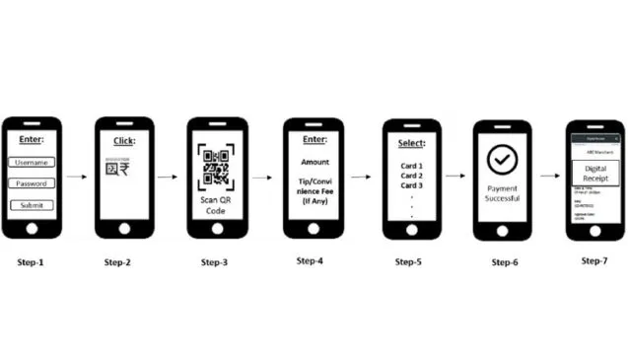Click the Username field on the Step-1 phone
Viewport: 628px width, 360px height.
click(x=32, y=162)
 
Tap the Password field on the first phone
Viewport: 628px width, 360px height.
click(x=32, y=182)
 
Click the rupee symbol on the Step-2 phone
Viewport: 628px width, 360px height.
click(x=127, y=169)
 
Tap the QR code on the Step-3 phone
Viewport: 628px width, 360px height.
click(x=217, y=168)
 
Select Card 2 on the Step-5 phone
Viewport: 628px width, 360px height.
click(x=410, y=176)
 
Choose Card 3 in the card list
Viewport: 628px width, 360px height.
click(x=410, y=185)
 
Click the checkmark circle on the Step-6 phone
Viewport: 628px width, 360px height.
click(x=502, y=160)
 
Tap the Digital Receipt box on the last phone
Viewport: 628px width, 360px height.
click(x=594, y=172)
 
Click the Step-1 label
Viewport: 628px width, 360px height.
click(x=31, y=262)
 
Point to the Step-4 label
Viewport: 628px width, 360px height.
click(x=314, y=261)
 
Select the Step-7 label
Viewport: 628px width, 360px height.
click(x=594, y=260)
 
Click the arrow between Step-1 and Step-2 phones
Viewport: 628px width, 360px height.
click(x=77, y=178)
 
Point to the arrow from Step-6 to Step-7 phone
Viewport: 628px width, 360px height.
click(x=548, y=178)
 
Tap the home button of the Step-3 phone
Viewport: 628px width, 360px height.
click(x=217, y=226)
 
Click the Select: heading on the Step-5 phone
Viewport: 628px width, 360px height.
click(x=410, y=143)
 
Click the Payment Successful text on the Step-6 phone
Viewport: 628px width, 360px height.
click(x=502, y=192)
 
